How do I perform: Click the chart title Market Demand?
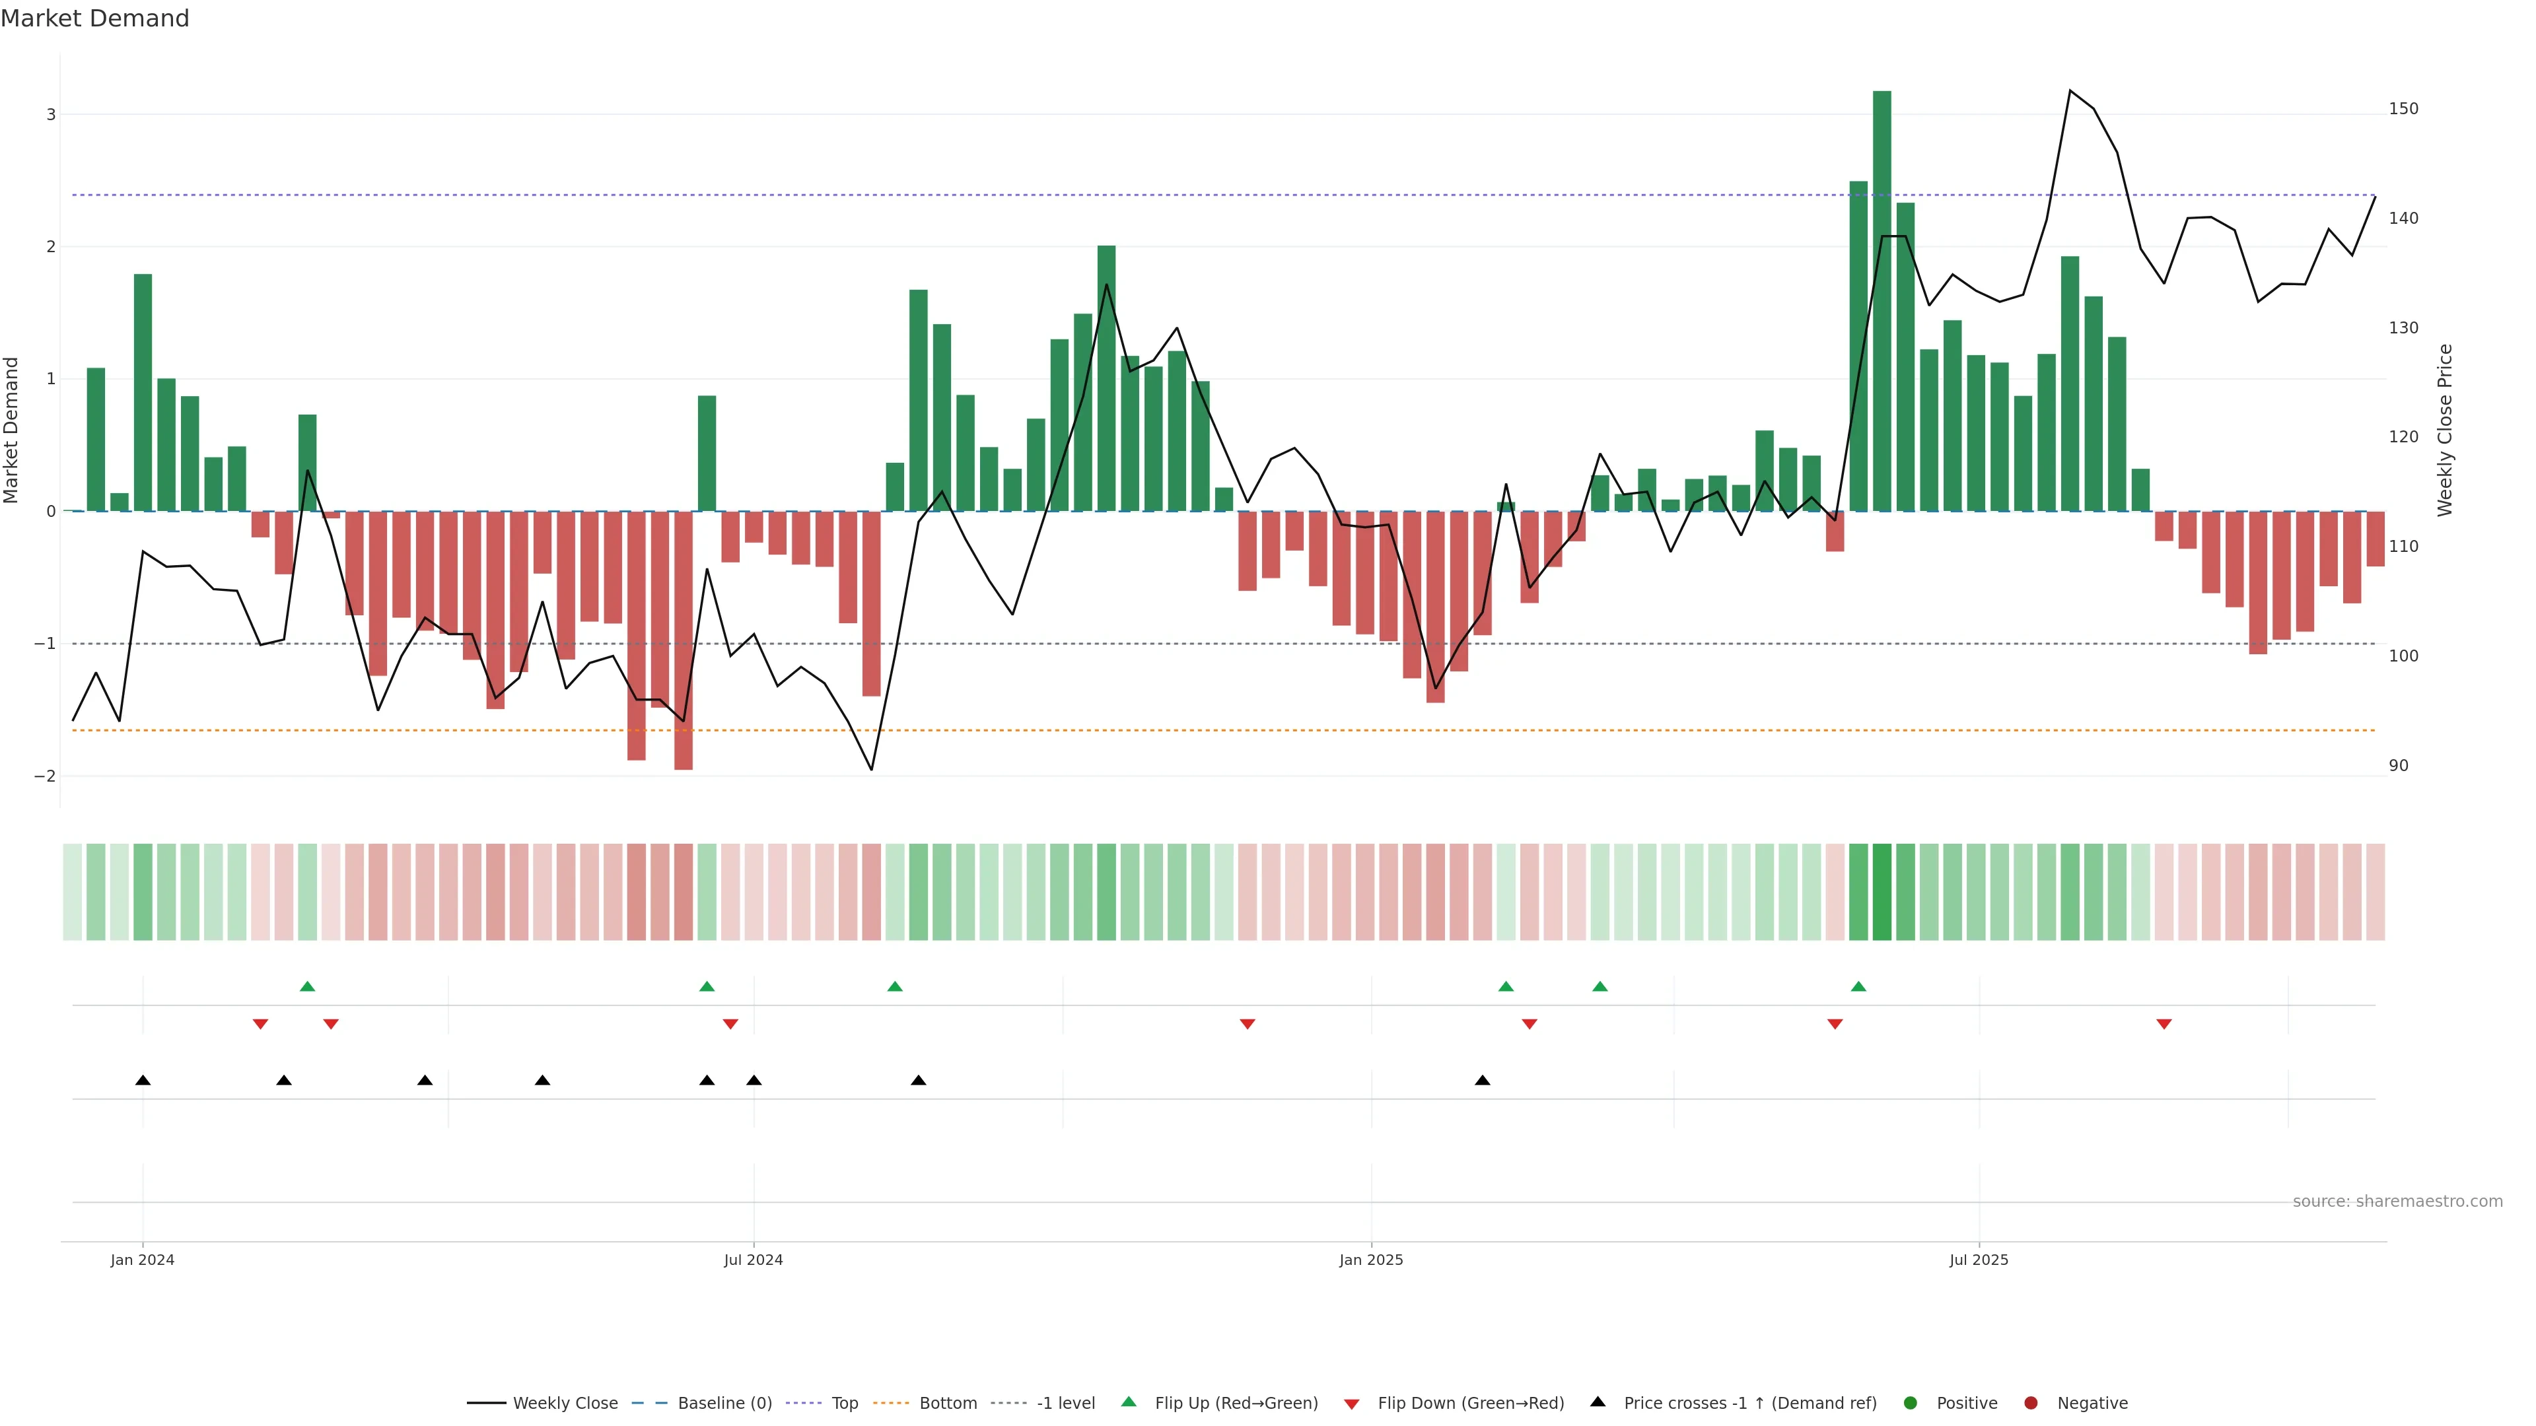coord(94,18)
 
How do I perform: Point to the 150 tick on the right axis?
coord(2403,109)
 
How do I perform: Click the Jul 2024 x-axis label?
coord(753,1260)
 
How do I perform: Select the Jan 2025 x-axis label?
coord(1370,1260)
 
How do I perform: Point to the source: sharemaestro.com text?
coord(2397,1202)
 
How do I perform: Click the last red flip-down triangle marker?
coord(2164,1025)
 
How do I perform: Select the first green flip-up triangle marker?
coord(307,986)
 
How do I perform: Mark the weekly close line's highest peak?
coord(2070,90)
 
